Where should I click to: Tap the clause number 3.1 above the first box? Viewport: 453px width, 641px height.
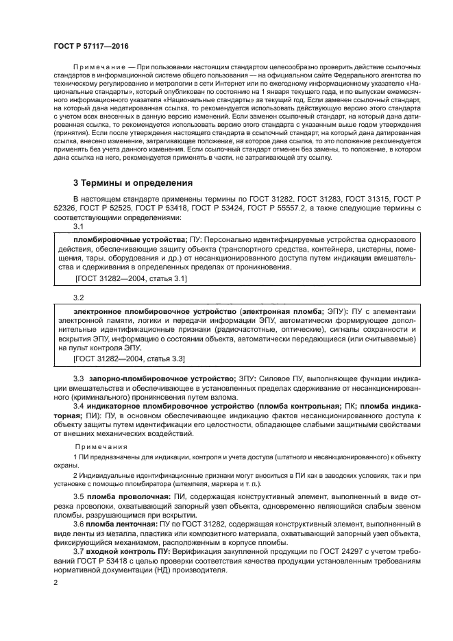click(x=79, y=226)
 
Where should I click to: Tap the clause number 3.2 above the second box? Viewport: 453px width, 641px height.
click(x=79, y=298)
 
